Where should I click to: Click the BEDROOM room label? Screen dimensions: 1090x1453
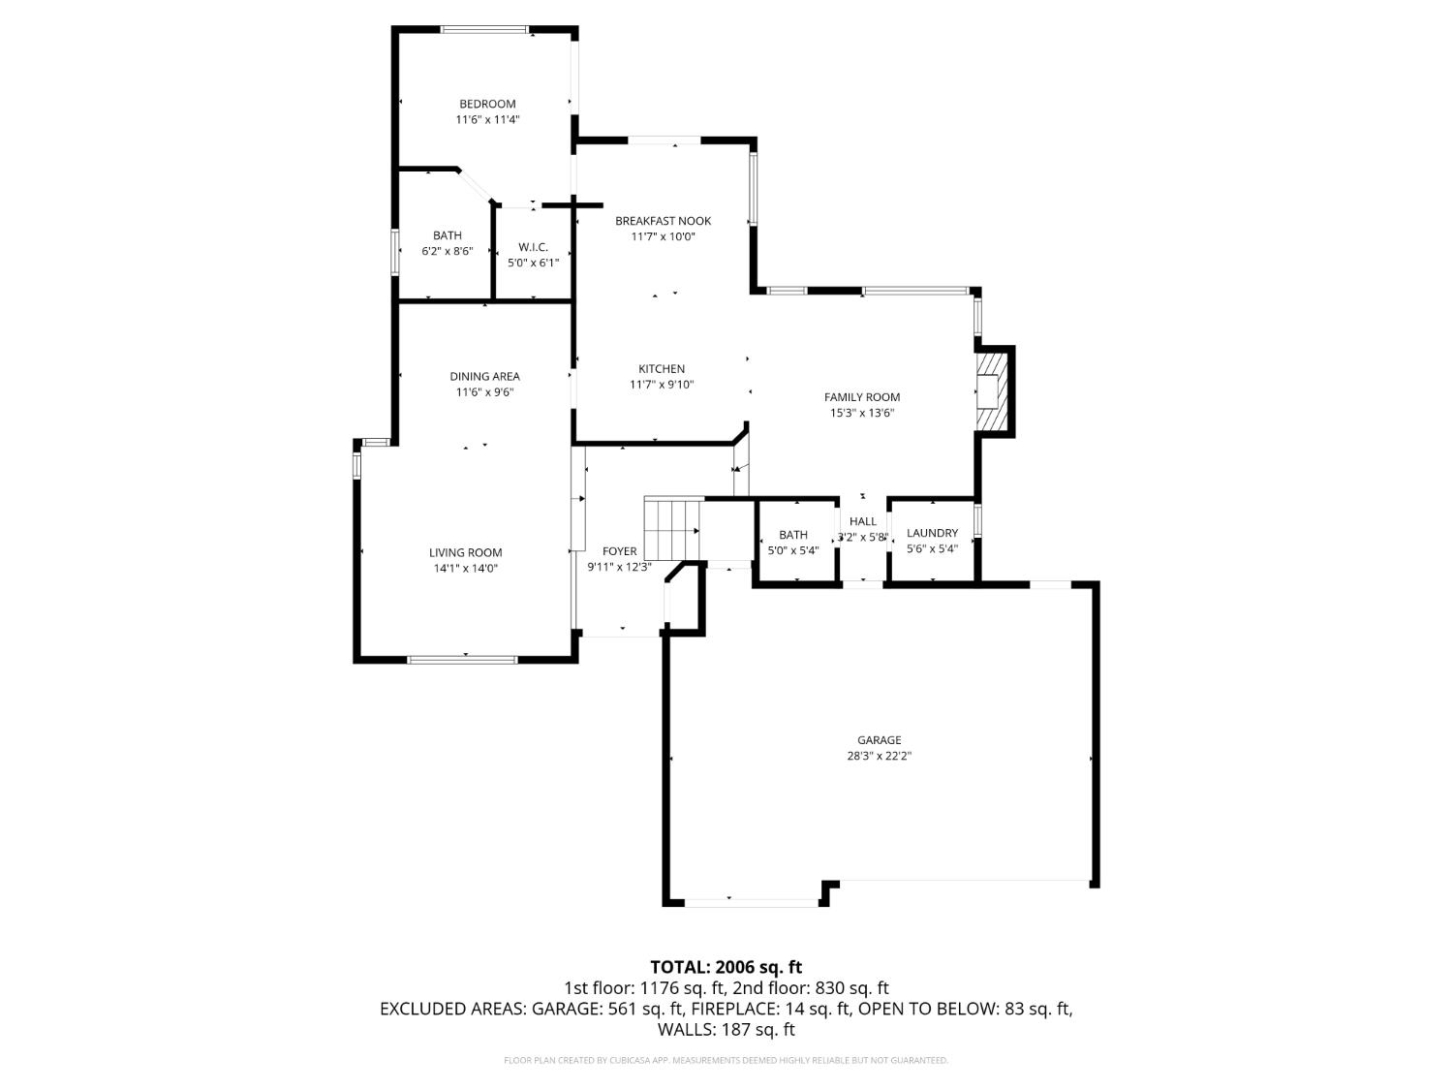[487, 104]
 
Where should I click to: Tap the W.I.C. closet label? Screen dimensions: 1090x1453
[533, 247]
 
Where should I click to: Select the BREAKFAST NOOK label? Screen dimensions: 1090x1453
[663, 221]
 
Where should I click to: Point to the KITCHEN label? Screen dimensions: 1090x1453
[662, 369]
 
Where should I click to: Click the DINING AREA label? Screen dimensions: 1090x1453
[484, 377]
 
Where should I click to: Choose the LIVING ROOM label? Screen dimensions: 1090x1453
[465, 553]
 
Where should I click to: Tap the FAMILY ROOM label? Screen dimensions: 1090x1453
[861, 397]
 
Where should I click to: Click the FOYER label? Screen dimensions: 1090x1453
[620, 551]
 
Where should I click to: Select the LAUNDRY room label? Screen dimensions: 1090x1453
[932, 533]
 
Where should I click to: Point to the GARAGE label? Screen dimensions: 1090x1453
[879, 740]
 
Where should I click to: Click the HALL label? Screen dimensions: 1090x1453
[862, 521]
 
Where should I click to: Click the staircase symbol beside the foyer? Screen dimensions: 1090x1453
[672, 529]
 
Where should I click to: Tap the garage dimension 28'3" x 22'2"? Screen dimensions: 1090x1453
[879, 756]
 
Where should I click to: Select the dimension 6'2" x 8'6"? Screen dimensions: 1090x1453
[447, 251]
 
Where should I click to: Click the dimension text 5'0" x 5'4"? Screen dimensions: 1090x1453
[792, 550]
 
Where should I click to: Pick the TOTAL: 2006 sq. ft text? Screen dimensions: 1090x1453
[726, 967]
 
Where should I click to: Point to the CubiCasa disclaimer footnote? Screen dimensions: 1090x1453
[726, 1061]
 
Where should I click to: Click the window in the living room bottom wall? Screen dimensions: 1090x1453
[462, 660]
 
